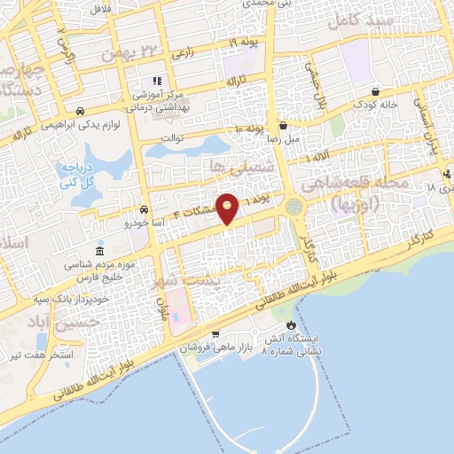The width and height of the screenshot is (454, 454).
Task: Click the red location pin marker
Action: tap(228, 207)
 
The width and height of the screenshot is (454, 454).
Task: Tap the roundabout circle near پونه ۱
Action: tap(294, 207)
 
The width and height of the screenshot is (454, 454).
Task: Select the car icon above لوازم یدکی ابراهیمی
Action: tap(81, 112)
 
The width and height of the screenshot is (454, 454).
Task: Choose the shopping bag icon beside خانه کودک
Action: tap(376, 91)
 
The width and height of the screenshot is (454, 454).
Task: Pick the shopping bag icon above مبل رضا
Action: tap(283, 125)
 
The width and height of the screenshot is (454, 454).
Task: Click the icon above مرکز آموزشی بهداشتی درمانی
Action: tap(157, 82)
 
